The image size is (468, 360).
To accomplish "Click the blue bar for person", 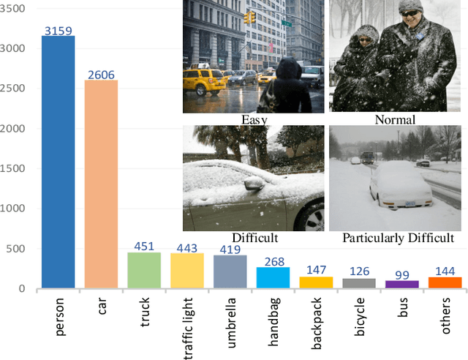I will [x=58, y=162].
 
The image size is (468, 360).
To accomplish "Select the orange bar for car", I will [x=101, y=184].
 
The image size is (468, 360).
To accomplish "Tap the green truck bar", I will [x=144, y=270].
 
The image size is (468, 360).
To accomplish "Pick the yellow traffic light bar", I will [x=187, y=271].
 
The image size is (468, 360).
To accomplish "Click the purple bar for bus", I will [x=403, y=284].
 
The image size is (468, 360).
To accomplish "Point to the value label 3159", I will [x=58, y=31].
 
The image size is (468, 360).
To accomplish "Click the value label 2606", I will [x=101, y=75].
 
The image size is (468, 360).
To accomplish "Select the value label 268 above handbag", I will [x=273, y=261].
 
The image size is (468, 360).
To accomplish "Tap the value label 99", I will [x=403, y=274].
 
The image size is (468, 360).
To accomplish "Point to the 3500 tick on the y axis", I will [x=15, y=9].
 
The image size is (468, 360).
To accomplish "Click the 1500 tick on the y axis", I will [x=15, y=169].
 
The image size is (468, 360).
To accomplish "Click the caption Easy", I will [x=254, y=119].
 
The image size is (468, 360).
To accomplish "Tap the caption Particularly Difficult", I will [x=398, y=239].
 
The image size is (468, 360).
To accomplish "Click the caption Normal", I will [x=395, y=119].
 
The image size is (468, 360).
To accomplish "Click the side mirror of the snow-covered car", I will [x=254, y=184].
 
